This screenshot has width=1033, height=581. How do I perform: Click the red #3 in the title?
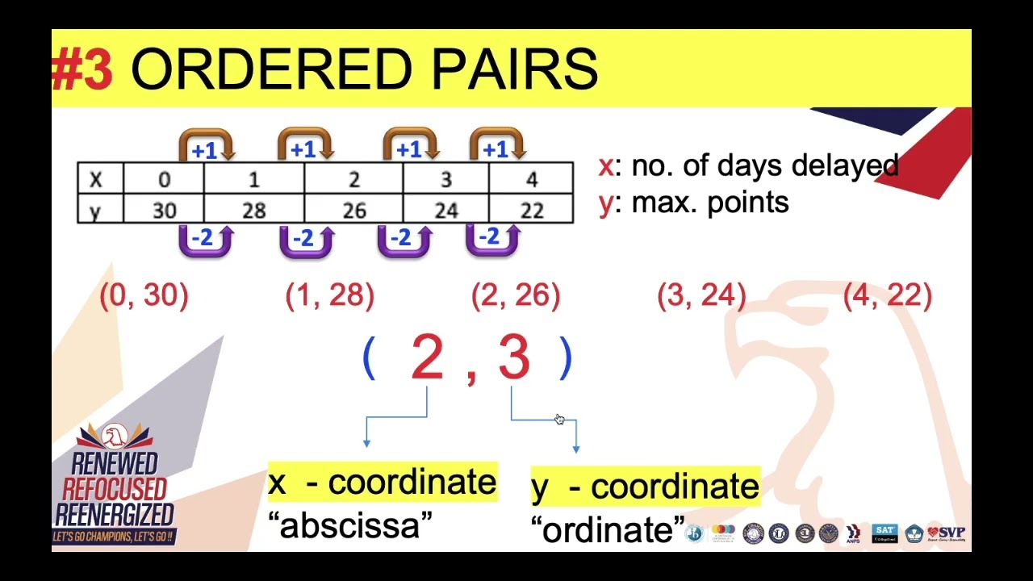(x=82, y=69)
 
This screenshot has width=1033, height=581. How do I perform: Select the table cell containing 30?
(x=164, y=211)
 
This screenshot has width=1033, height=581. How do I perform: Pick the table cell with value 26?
(x=353, y=211)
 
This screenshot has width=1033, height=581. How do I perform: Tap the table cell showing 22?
(x=531, y=211)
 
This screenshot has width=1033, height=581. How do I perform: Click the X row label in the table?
(x=96, y=179)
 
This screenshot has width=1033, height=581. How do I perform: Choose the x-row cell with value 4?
(x=531, y=179)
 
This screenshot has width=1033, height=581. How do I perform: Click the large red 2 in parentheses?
(x=427, y=357)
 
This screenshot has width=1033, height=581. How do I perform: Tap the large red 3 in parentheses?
(x=513, y=357)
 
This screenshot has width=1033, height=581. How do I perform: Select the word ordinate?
(x=607, y=530)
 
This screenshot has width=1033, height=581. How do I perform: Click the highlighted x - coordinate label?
(x=382, y=483)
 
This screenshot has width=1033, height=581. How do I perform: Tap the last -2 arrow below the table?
(x=491, y=239)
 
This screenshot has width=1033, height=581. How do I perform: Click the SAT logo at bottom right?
(x=885, y=533)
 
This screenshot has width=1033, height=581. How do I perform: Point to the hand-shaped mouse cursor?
(x=559, y=419)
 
